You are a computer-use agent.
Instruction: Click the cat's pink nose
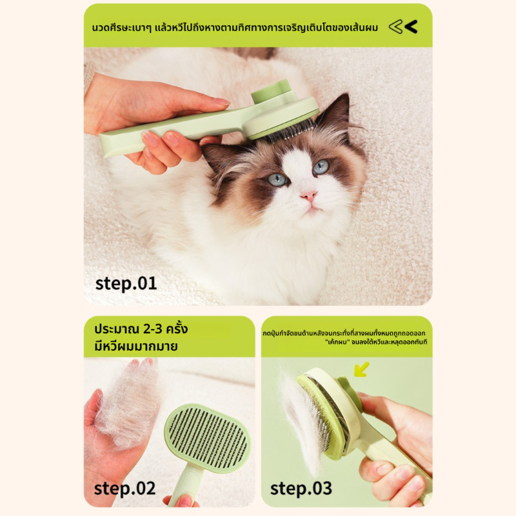coord(309,196)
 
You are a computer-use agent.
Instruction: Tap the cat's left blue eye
coord(277,179)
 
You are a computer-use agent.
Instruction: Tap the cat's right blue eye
coord(321,166)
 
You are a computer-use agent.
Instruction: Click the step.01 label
coord(126,284)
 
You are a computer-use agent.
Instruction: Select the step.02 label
coord(124,489)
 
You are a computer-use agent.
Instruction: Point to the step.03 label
coord(301,489)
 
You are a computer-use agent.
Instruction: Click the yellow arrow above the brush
coord(362,369)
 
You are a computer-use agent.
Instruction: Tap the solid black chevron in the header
coord(411,26)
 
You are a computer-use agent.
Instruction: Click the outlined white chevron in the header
coord(396,26)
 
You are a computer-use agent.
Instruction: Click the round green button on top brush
coord(271,92)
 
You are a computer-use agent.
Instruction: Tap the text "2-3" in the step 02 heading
coord(153,329)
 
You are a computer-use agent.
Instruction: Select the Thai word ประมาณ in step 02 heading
coord(116,329)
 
